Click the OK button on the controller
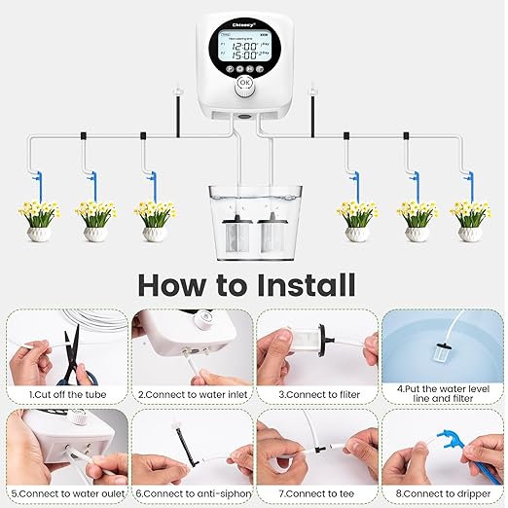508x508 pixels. [x=244, y=84]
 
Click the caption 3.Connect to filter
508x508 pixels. [x=313, y=395]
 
